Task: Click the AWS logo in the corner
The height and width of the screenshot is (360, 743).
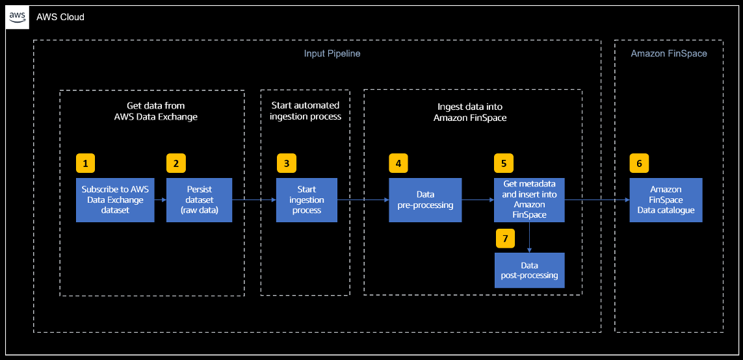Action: (x=17, y=17)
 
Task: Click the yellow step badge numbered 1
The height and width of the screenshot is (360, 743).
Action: (x=86, y=163)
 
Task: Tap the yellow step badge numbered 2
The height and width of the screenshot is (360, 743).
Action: (x=176, y=163)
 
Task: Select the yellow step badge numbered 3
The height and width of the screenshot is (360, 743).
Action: (x=286, y=163)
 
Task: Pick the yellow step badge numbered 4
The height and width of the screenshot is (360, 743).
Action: (x=398, y=163)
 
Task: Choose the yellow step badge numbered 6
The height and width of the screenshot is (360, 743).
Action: (x=639, y=163)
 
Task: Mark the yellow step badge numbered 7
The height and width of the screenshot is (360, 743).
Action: (x=504, y=238)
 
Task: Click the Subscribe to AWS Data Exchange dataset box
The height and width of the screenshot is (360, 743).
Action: (x=115, y=200)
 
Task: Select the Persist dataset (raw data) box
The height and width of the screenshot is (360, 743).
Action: (x=199, y=200)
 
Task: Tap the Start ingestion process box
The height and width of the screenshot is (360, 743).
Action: (x=306, y=200)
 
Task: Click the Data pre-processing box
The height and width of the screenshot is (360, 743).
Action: (x=425, y=200)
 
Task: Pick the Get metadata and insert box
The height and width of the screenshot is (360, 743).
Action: (x=529, y=199)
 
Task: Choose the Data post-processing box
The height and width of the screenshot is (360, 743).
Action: (x=529, y=270)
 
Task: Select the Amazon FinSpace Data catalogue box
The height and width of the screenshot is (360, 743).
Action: (x=666, y=200)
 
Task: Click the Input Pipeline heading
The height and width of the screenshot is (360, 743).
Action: (x=332, y=53)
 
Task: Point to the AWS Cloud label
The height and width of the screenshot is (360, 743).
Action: (x=60, y=17)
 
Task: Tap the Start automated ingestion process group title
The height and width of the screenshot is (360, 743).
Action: (x=305, y=110)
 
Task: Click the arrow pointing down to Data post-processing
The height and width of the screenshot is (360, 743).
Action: (x=530, y=238)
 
